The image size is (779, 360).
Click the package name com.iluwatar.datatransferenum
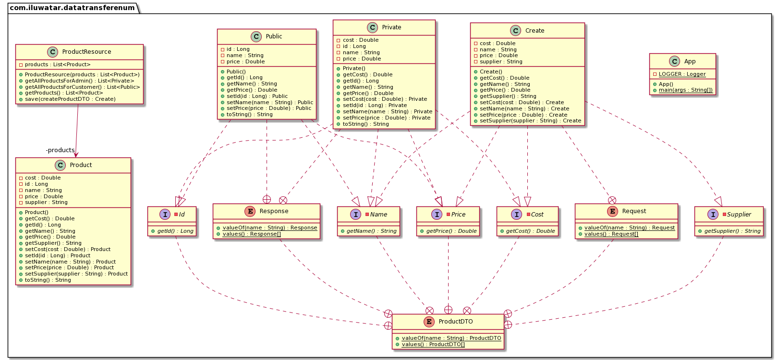(x=72, y=8)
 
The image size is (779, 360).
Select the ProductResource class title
(x=86, y=52)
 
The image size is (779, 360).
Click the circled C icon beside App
(x=674, y=61)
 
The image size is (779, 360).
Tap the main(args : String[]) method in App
(x=685, y=90)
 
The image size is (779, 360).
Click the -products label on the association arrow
(x=60, y=150)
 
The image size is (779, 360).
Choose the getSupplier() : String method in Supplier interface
(x=732, y=231)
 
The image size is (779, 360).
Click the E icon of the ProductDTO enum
(x=429, y=322)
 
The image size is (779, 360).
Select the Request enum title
(x=634, y=211)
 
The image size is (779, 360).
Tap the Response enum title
(x=274, y=211)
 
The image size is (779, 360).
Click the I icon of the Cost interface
(x=517, y=215)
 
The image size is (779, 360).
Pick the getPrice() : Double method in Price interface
(x=451, y=231)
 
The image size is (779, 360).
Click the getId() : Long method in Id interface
(x=175, y=231)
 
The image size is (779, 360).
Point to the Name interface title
(x=378, y=215)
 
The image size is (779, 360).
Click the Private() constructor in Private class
(x=354, y=69)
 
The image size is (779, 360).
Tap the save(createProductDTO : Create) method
(x=70, y=99)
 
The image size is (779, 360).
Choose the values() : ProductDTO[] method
(x=433, y=345)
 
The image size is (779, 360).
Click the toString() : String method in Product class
(x=48, y=280)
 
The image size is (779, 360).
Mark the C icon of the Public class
(x=256, y=36)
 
